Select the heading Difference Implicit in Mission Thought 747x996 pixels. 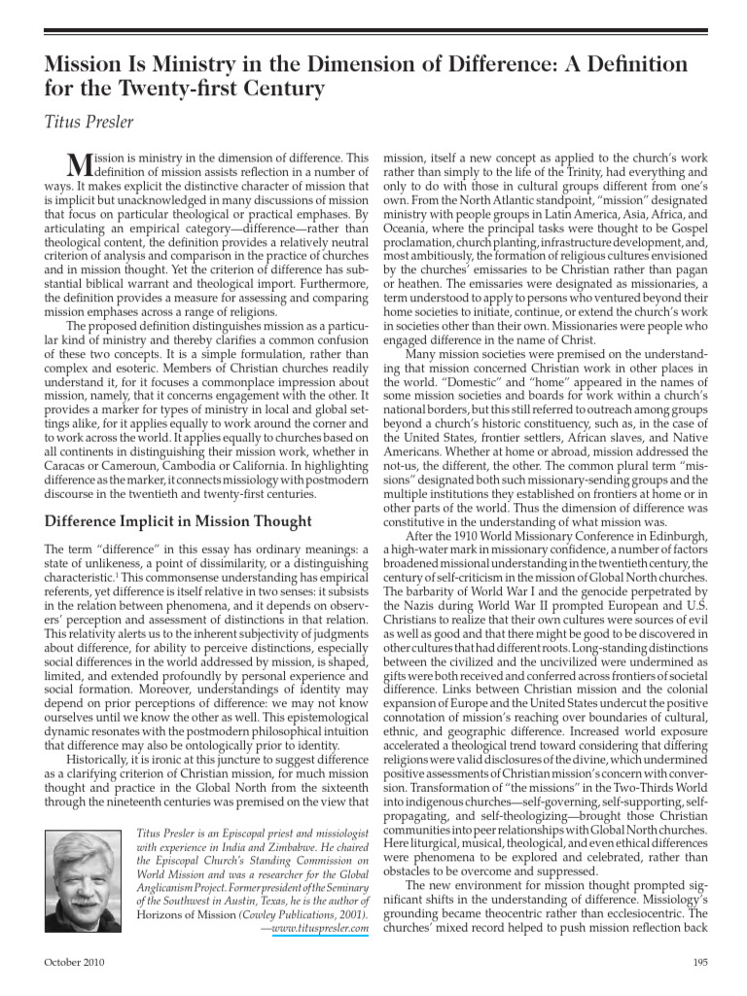[x=179, y=521]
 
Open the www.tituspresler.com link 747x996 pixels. [x=320, y=929]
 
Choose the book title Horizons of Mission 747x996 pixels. [x=184, y=914]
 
